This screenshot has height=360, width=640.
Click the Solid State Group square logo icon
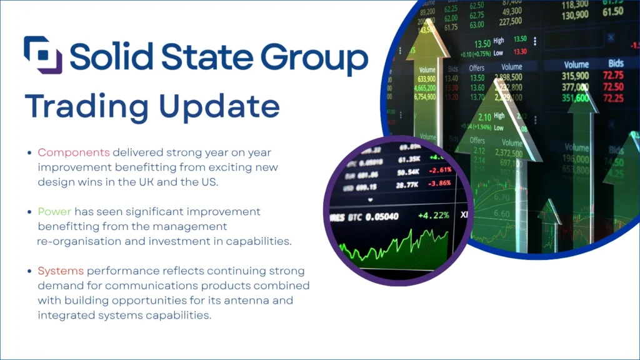coord(43,54)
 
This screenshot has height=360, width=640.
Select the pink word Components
coord(74,152)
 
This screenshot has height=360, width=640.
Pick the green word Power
coord(54,211)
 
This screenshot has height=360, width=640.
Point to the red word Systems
coord(61,271)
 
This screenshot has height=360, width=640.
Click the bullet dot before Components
coord(30,152)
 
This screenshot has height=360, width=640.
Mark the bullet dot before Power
coord(30,212)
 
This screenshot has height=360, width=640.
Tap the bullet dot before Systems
coord(30,271)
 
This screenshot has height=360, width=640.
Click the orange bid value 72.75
coord(613,76)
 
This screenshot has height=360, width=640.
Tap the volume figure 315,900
coord(576,76)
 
